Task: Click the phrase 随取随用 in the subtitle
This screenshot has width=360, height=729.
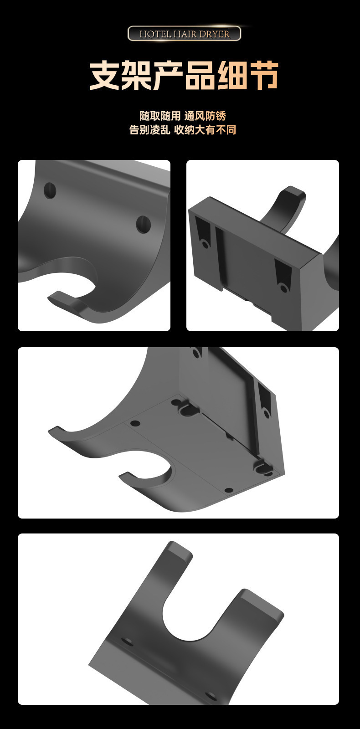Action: pyautogui.click(x=160, y=116)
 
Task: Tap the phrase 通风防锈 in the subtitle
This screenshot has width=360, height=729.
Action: pyautogui.click(x=205, y=116)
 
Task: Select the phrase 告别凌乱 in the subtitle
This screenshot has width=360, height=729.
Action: pyautogui.click(x=150, y=130)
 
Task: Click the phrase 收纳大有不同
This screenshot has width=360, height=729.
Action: pyautogui.click(x=205, y=130)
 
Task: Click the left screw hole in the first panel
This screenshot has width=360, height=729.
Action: pyautogui.click(x=50, y=191)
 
